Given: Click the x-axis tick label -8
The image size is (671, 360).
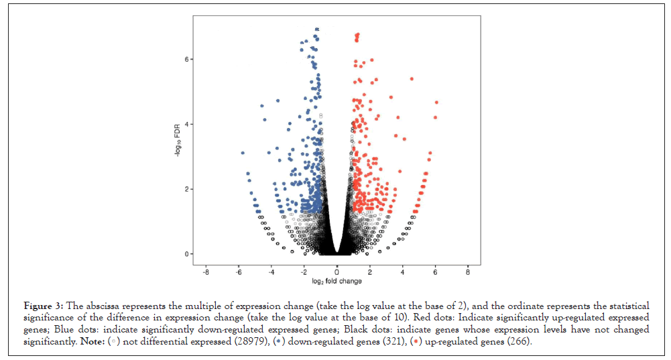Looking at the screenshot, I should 205,273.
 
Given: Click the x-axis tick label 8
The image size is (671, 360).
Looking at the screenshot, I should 468,273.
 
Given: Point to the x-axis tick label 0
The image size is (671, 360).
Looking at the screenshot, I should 337,273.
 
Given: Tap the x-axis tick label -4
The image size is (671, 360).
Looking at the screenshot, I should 271,273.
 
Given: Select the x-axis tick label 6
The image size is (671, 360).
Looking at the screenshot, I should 435,273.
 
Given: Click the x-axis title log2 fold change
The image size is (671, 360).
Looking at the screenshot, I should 337,282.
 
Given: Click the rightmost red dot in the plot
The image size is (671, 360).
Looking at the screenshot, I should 436,103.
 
